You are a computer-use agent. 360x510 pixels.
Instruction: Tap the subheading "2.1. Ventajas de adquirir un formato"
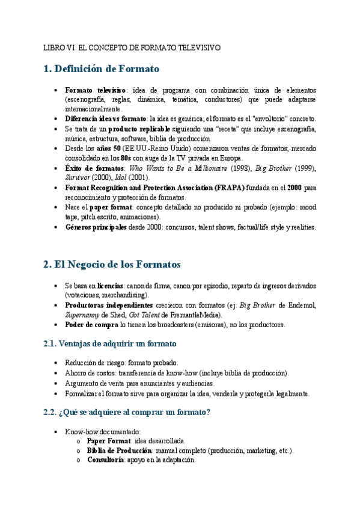[111, 343]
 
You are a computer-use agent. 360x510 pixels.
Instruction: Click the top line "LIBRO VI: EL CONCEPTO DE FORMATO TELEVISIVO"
[132, 47]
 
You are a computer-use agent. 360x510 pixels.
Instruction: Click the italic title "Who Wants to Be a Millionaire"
[178, 168]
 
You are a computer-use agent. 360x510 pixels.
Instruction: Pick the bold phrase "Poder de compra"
[91, 325]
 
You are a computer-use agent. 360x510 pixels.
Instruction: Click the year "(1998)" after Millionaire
[242, 168]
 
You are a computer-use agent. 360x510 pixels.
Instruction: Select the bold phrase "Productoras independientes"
[109, 305]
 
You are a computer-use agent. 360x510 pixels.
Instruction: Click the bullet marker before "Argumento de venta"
[56, 383]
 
